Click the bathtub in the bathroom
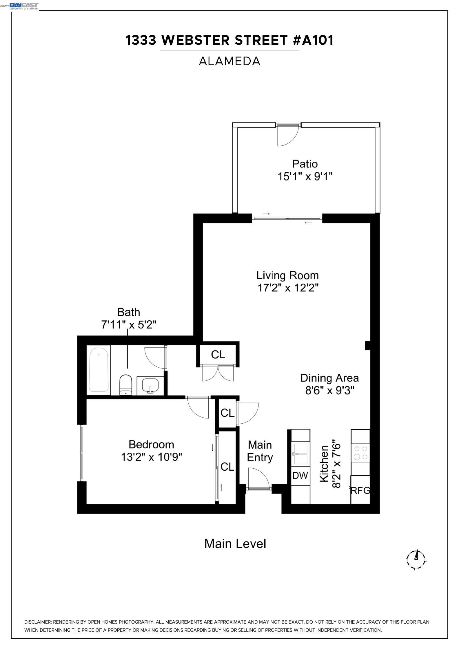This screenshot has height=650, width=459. click(99, 370)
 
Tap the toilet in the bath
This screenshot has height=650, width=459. click(126, 384)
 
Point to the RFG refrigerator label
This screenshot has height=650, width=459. click(360, 490)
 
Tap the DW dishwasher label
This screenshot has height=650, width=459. click(300, 475)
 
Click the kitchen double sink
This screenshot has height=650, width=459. click(300, 454)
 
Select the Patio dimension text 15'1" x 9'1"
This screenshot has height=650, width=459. click(305, 176)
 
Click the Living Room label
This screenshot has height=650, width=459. click(287, 275)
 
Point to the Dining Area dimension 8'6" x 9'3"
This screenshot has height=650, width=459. click(330, 390)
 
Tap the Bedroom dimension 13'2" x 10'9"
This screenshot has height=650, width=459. click(151, 457)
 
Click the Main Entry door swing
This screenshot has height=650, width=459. click(259, 479)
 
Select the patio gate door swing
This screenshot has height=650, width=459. click(288, 136)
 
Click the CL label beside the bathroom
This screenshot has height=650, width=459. click(218, 354)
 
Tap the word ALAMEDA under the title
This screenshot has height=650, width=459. click(230, 61)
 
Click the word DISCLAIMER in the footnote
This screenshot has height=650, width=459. click(38, 622)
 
